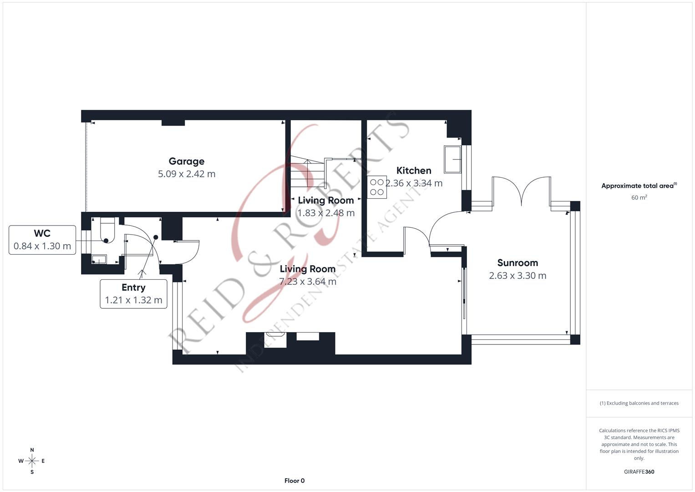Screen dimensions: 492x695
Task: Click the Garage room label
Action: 186,161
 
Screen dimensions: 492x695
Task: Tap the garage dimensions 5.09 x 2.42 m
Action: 187,174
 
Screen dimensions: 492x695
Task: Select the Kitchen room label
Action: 414,170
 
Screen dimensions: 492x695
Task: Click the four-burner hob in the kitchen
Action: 377,187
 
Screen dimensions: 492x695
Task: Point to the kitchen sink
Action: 452,159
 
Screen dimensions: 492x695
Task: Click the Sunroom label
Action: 517,263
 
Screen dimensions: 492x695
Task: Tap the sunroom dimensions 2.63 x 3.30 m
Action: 517,276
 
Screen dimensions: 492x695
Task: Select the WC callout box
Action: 42,240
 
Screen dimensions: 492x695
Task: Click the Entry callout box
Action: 133,294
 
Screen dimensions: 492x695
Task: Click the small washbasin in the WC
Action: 99,259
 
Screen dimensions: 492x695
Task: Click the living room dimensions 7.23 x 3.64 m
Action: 308,282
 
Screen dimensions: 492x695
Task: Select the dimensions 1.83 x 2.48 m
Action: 326,213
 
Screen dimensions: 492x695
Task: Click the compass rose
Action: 32,461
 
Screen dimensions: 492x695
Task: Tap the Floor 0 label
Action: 294,481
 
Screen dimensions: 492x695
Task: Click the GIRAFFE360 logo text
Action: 639,471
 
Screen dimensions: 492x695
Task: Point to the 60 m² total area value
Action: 639,198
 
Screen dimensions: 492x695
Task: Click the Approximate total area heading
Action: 639,186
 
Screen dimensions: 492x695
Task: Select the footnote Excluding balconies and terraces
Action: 639,403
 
